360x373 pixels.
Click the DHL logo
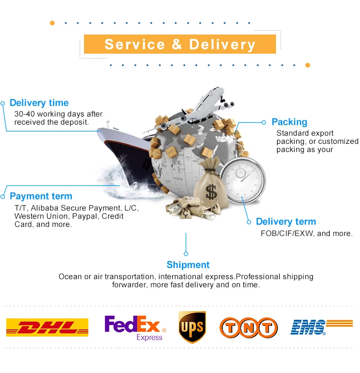(x=47, y=327)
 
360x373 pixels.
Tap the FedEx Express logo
(x=135, y=327)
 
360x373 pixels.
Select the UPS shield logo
(x=192, y=327)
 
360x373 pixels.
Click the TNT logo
(x=249, y=327)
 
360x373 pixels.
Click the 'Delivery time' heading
(x=39, y=103)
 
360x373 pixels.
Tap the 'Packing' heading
(x=289, y=122)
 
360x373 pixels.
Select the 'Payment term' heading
(x=41, y=196)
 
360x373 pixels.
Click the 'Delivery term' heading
(x=286, y=221)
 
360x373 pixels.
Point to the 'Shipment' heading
(x=188, y=265)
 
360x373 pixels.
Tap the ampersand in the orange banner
(x=176, y=45)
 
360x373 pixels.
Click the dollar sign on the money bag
(x=211, y=192)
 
